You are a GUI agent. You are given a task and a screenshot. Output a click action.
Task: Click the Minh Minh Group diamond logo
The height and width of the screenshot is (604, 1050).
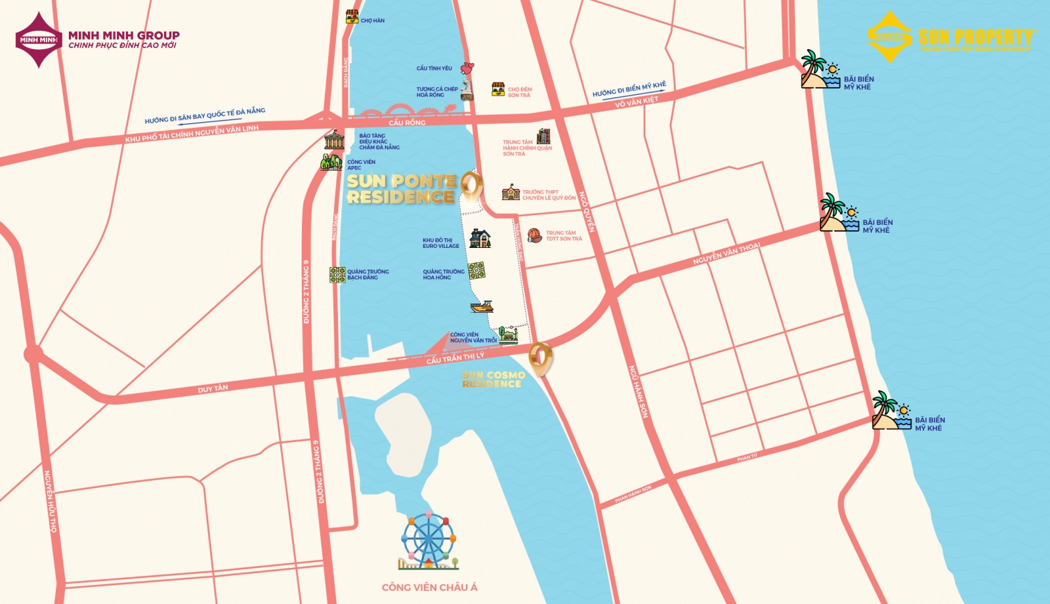pos(39,39)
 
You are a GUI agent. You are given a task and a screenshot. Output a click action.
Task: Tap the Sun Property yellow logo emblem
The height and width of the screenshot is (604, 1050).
pos(889,37)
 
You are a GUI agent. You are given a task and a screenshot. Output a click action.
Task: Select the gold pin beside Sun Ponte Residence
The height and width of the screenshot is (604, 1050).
pos(471,186)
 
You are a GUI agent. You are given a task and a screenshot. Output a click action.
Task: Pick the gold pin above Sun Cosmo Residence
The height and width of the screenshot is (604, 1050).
pos(540,357)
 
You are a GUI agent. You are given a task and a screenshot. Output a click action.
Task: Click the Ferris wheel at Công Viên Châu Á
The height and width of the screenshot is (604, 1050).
pos(428,540)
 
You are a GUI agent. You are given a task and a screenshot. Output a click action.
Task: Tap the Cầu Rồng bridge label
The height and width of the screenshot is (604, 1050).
pos(407,123)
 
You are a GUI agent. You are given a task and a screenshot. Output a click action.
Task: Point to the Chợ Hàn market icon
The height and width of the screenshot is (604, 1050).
pos(352,17)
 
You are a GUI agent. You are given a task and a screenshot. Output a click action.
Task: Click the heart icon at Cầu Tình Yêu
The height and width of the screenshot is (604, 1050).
pos(467,68)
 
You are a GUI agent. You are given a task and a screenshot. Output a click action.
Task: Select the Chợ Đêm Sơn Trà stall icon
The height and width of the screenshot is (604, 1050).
pos(498,90)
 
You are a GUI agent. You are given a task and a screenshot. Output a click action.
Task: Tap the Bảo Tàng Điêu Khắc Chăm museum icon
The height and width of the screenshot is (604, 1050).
pos(334,140)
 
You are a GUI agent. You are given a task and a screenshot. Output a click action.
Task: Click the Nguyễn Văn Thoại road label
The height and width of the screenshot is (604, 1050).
pos(726,254)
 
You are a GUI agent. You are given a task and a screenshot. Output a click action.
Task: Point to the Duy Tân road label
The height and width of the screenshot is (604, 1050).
pos(213,389)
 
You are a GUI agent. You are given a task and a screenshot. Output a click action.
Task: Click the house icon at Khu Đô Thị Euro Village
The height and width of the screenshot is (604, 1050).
pos(480,239)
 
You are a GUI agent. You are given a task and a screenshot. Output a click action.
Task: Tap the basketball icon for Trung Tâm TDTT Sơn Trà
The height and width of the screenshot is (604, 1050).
pos(534,235)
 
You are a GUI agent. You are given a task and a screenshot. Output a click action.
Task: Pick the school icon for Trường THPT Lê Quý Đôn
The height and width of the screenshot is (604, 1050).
pos(511,193)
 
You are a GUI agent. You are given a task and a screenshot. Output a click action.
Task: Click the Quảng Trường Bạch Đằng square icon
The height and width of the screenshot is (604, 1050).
pos(337,275)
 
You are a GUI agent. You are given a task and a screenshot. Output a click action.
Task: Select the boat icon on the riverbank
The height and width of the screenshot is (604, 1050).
pos(482,306)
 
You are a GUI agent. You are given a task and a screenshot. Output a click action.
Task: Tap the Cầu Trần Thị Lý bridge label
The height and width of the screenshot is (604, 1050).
pos(455,358)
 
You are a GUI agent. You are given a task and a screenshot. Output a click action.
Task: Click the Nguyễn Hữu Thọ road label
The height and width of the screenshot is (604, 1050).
pos(50,501)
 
